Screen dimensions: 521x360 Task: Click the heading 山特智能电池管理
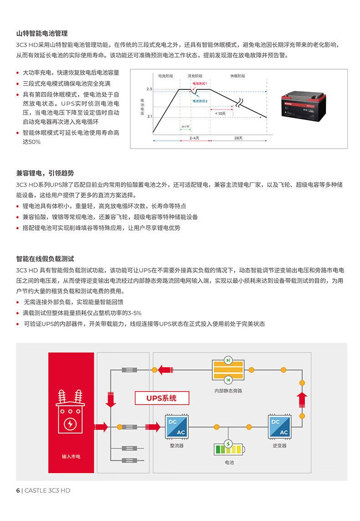(42, 34)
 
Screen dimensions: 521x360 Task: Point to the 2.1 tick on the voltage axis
(149, 117)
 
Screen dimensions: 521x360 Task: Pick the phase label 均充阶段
(166, 75)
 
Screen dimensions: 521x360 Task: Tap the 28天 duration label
(238, 137)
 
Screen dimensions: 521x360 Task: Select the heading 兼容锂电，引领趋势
(45, 173)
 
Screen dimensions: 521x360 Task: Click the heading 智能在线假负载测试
(45, 258)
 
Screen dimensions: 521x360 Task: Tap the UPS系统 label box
(162, 398)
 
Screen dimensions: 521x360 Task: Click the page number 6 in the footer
(18, 490)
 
